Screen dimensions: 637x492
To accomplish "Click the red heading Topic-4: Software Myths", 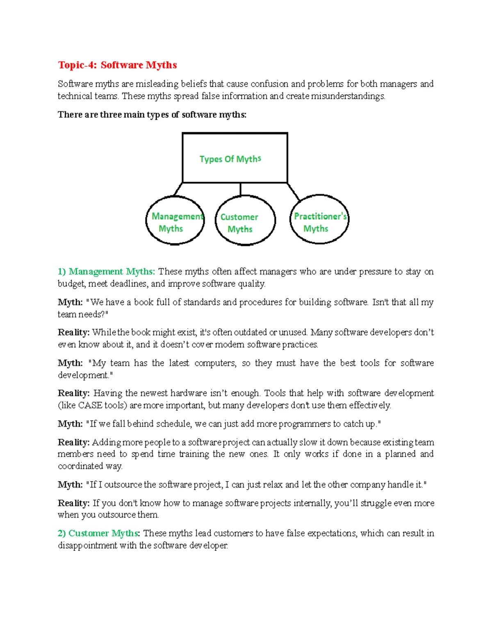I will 117,65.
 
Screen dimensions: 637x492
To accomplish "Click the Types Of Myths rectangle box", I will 235,158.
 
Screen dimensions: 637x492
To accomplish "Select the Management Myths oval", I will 175,221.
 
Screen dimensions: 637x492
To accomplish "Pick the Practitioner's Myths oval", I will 319,219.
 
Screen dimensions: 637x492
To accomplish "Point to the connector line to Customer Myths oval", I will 240,189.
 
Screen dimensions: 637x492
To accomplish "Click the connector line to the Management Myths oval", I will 178,189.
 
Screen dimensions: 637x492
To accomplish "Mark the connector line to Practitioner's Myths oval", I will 294,192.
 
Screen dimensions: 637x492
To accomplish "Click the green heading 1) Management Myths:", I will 106,272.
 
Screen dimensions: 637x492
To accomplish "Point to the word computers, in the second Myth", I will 215,363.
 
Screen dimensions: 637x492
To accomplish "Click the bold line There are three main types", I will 152,115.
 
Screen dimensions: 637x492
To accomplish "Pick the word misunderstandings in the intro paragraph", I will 348,96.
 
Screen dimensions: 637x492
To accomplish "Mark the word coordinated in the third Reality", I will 80,466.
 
